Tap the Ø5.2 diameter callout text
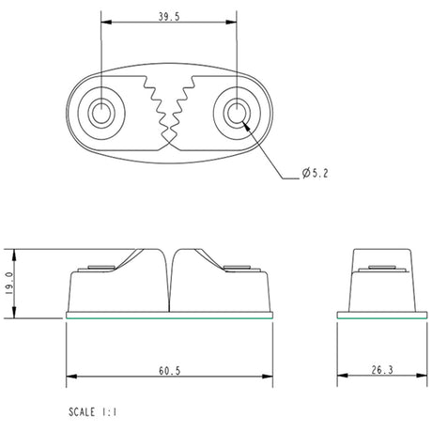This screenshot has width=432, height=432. point(316,173)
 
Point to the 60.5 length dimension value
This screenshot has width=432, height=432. point(169,372)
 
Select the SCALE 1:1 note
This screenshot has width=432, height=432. point(97,411)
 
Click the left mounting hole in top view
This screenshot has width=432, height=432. point(100,114)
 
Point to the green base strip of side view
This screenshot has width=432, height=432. point(379,315)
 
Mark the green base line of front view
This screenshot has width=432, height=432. point(170,315)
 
